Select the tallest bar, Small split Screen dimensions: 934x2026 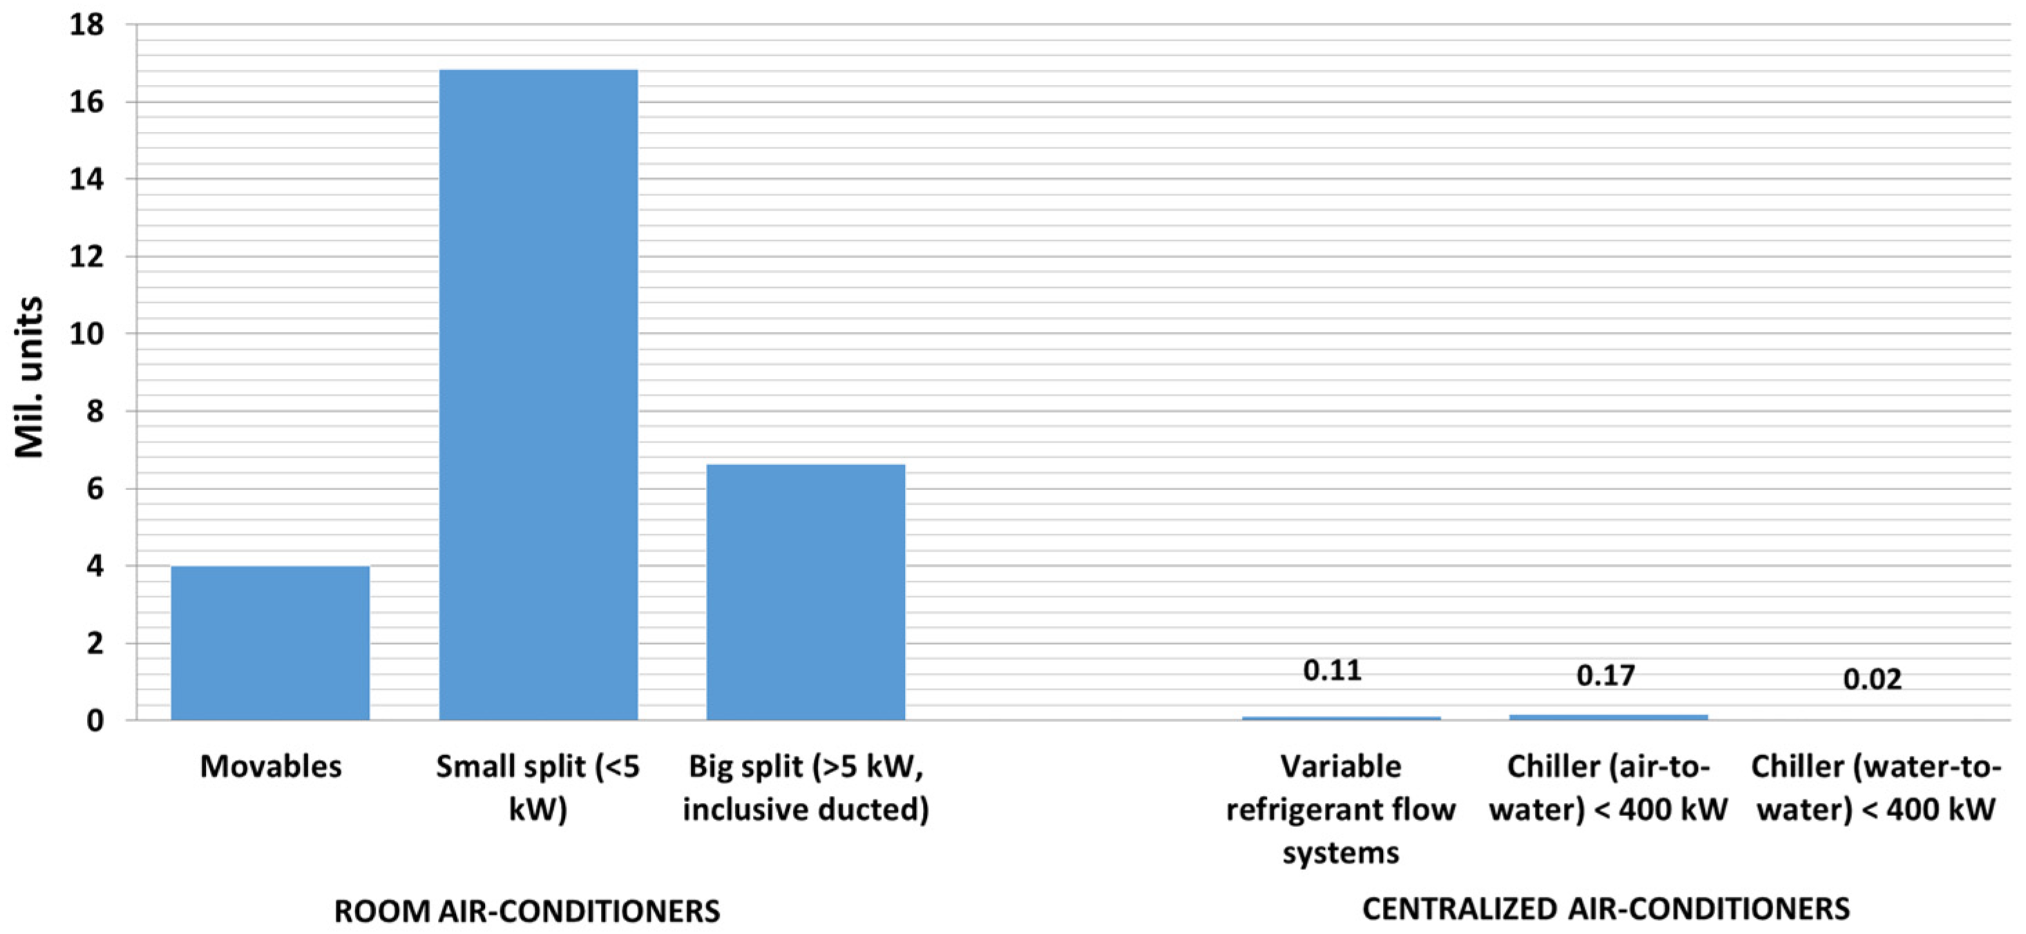tap(538, 393)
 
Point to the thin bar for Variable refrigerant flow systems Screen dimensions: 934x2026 tap(1340, 717)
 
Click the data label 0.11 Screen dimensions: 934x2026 tap(1332, 670)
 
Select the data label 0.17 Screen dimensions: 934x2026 tap(1605, 674)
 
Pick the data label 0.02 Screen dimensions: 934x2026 tap(1872, 679)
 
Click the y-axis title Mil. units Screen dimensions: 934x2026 tap(30, 378)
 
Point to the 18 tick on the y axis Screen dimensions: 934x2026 tap(86, 25)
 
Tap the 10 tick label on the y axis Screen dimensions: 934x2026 tap(86, 334)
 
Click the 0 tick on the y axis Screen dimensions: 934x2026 tap(95, 720)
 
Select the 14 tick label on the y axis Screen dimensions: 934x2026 tap(86, 179)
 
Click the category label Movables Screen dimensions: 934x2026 tap(271, 766)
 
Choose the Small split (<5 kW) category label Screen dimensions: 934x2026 tap(538, 787)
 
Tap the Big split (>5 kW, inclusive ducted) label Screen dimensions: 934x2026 tap(805, 787)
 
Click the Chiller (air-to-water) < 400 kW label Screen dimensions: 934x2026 tap(1607, 787)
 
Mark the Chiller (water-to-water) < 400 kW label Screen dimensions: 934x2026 tap(1875, 787)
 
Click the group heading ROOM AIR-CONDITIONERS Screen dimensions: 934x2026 tap(526, 911)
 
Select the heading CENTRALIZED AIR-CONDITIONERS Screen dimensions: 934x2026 tap(1605, 909)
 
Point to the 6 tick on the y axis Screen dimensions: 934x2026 tap(95, 489)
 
